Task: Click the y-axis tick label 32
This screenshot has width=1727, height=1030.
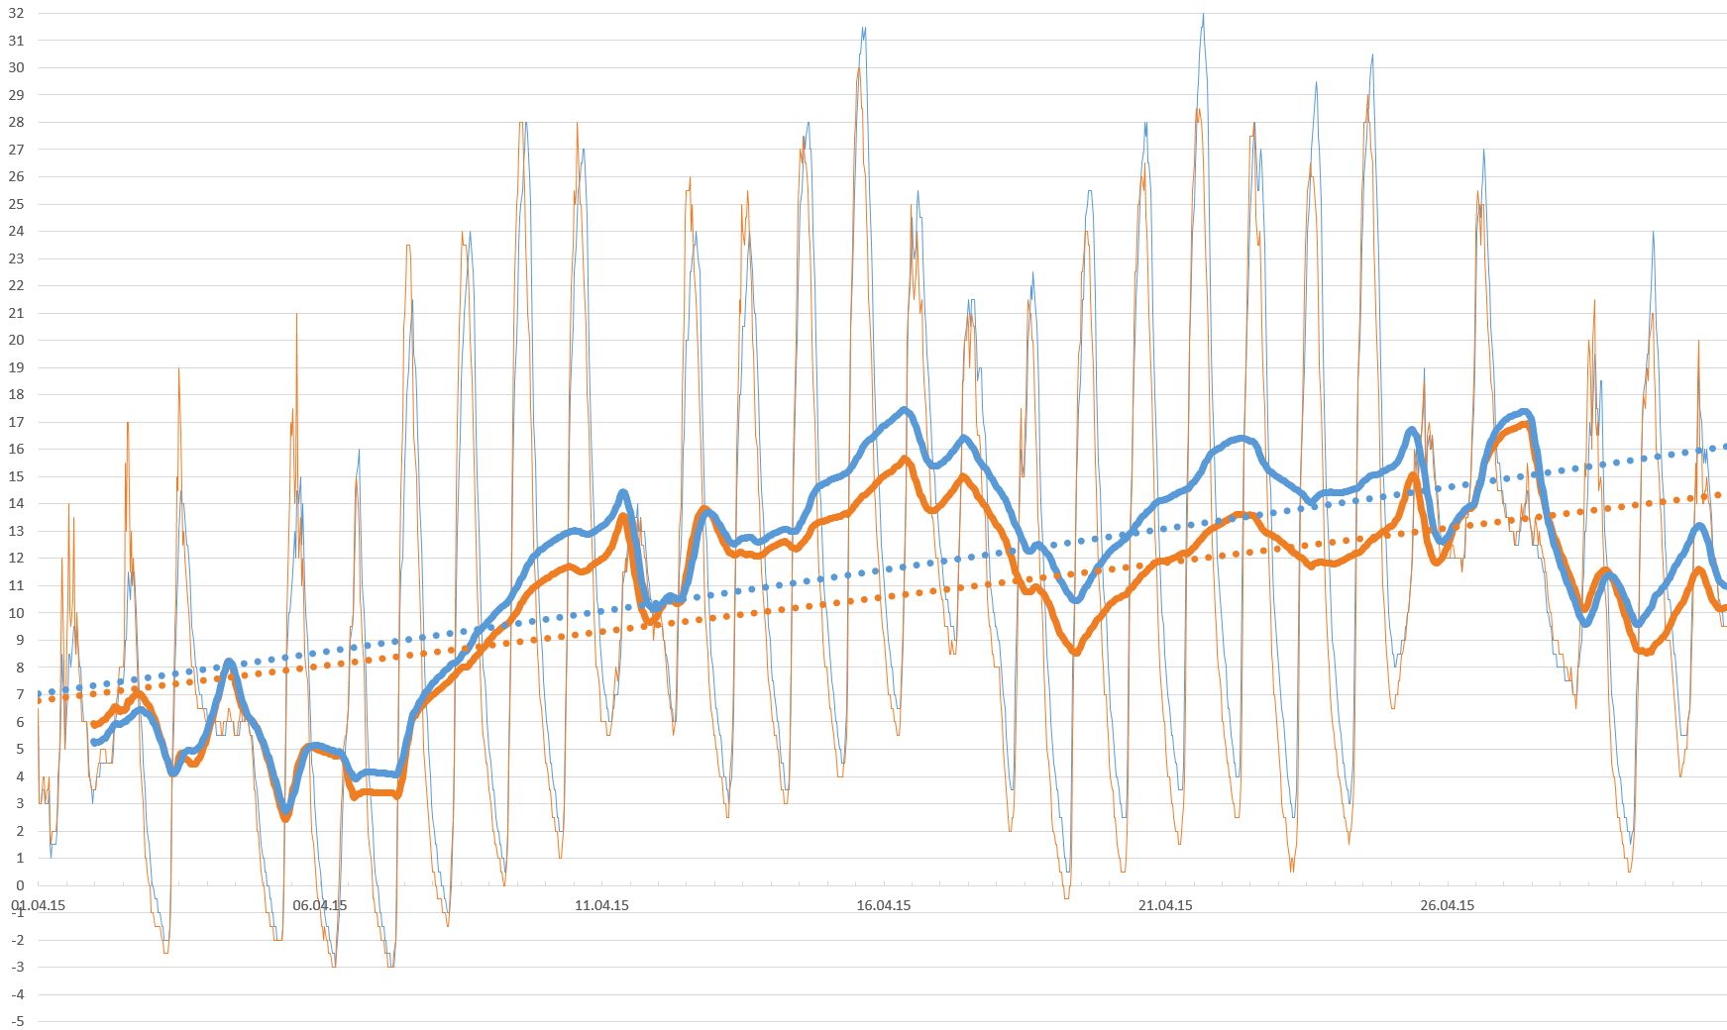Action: (16, 14)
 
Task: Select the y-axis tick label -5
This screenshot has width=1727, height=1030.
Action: (17, 1021)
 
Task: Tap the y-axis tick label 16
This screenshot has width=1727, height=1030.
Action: (16, 450)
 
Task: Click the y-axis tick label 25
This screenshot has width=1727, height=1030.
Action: (16, 204)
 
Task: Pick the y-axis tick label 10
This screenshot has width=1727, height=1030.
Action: (16, 613)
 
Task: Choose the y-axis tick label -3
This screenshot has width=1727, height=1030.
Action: (17, 967)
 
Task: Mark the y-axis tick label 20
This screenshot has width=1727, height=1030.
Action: (16, 341)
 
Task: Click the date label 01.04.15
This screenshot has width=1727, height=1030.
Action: (38, 905)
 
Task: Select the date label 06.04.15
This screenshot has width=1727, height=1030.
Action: (320, 905)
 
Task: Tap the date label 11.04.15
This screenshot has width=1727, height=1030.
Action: (601, 905)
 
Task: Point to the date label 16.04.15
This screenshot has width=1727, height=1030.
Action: (884, 905)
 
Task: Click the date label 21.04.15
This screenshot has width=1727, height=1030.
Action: (1165, 905)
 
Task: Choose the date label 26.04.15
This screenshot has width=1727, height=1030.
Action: (1447, 905)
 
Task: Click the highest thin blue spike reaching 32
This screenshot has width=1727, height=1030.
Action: (1203, 14)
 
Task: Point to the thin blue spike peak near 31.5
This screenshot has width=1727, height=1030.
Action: (864, 28)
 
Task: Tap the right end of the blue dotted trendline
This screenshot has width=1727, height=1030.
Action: (1724, 447)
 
